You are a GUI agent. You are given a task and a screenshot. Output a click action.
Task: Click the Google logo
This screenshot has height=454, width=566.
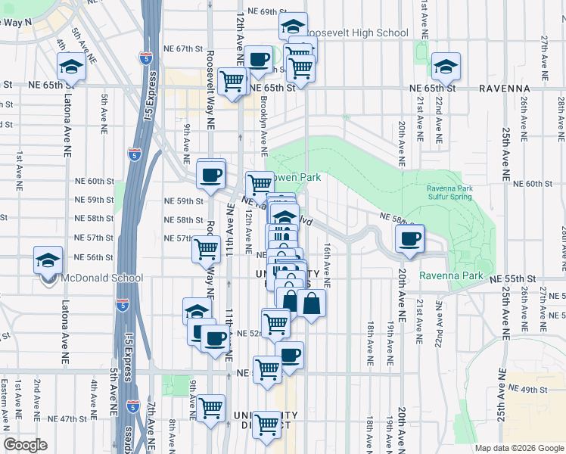[x=25, y=445]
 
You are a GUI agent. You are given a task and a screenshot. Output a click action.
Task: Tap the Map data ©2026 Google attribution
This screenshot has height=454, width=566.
[x=518, y=448]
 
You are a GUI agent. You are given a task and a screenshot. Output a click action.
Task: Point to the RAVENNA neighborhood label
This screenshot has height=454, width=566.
[x=504, y=89]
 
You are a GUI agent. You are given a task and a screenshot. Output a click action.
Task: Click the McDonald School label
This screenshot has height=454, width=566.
[x=95, y=278]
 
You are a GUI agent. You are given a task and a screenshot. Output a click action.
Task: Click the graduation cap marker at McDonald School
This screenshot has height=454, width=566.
[x=48, y=261]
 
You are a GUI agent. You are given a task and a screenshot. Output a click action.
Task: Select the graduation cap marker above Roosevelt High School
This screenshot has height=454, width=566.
[x=293, y=26]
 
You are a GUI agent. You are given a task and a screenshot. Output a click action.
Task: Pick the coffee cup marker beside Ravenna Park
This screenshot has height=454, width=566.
[x=409, y=239]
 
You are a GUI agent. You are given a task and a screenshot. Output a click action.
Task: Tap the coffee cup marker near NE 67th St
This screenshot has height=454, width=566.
[x=258, y=59]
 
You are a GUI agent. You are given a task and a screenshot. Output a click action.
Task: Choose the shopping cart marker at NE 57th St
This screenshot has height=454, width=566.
[x=206, y=247]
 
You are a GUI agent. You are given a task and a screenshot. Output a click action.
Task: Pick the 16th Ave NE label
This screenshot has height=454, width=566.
[x=327, y=260]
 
